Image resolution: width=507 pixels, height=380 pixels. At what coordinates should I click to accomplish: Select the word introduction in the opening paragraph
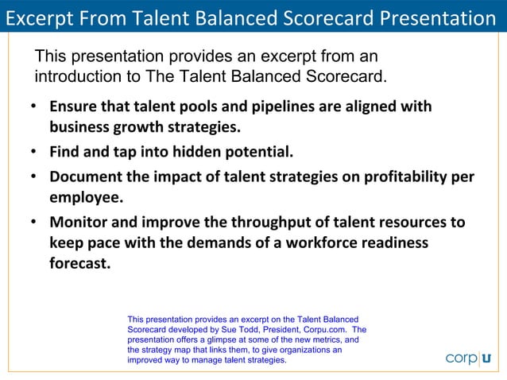[x=75, y=76]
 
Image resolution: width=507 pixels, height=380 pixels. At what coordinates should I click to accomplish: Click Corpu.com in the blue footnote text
[x=326, y=329]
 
